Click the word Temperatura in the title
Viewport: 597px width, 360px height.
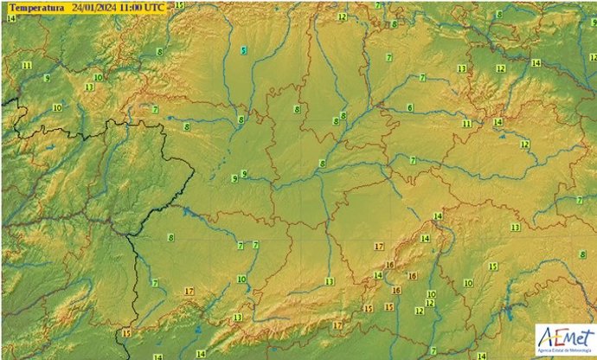tap(35, 7)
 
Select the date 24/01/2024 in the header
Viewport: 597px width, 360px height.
tap(95, 7)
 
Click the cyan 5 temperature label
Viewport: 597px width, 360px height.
tap(244, 51)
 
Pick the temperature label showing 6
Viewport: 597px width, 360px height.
tap(409, 107)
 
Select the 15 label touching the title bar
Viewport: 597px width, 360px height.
tap(179, 5)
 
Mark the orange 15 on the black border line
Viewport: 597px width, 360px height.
tap(126, 332)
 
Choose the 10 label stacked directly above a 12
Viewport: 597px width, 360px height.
tap(431, 294)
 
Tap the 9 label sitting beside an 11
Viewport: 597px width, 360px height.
tap(46, 77)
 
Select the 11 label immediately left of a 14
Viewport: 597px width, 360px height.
tap(467, 124)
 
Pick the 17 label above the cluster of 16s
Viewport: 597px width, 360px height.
tap(378, 247)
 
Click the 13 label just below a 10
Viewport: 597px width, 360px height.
tap(89, 87)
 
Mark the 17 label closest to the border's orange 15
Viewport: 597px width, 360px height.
tap(189, 292)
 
